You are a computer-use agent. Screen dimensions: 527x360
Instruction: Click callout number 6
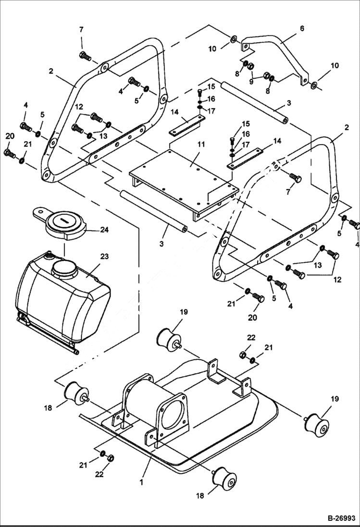point(301,29)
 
